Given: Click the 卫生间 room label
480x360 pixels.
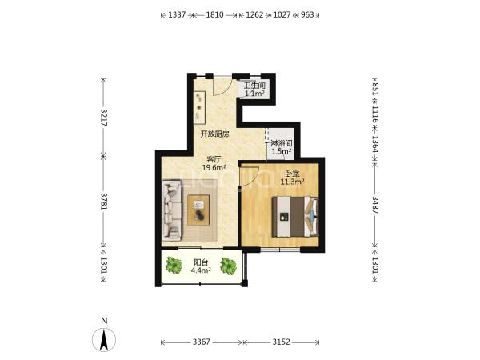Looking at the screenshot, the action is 254,85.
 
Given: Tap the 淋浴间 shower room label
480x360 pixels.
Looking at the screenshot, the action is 282,143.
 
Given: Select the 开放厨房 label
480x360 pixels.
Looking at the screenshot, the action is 214,134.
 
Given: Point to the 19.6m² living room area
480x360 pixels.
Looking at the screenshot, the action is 214,167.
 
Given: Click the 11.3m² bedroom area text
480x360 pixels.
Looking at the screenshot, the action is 292,182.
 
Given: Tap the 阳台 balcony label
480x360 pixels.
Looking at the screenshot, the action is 201,262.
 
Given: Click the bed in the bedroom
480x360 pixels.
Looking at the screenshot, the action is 295,217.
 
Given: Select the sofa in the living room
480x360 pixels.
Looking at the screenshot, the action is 172,210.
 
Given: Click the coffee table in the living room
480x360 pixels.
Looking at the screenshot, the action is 198,210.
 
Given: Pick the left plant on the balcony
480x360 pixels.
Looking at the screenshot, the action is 174,266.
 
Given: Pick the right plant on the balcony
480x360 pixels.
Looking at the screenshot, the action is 228,266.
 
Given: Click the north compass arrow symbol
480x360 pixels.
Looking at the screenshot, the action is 104,339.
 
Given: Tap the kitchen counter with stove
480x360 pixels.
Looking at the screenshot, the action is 199,107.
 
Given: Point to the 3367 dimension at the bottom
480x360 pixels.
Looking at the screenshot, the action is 201,342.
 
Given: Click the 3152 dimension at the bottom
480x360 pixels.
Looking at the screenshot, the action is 281,342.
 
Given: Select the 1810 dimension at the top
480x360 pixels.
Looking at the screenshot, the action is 214,14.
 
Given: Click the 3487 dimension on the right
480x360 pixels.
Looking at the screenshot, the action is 375,205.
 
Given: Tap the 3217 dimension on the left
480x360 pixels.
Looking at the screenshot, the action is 104,118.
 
